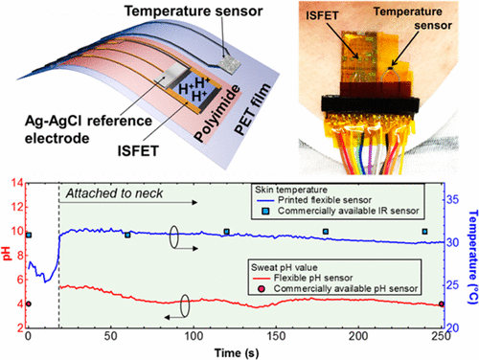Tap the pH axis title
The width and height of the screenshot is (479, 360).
9,256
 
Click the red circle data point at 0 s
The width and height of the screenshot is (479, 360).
29,304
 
